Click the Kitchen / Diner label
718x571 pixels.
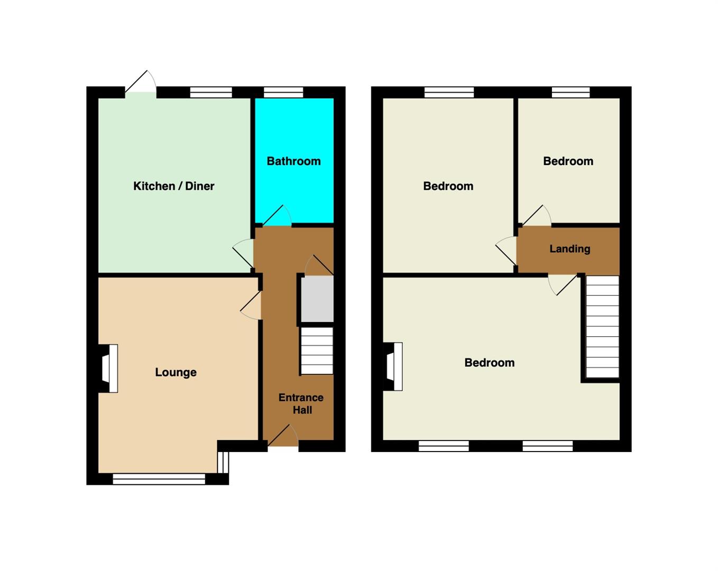point(173,186)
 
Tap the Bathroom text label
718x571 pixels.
point(293,161)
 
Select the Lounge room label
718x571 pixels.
point(176,372)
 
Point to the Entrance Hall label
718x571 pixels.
point(301,403)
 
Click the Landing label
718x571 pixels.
point(570,248)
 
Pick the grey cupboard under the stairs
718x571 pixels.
point(317,299)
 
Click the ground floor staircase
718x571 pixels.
point(317,351)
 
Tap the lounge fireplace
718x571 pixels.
point(109,369)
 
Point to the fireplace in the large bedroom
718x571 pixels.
point(393,366)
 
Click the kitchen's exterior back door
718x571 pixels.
point(141,82)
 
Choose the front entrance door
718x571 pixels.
point(283,435)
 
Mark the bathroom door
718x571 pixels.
point(277,216)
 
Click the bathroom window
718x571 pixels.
point(283,92)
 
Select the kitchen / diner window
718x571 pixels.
point(211,92)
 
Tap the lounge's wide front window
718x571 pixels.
point(159,479)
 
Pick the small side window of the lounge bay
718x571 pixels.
point(223,462)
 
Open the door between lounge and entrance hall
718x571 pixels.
point(251,306)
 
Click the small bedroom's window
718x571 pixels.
point(570,92)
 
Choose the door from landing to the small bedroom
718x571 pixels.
point(537,216)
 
